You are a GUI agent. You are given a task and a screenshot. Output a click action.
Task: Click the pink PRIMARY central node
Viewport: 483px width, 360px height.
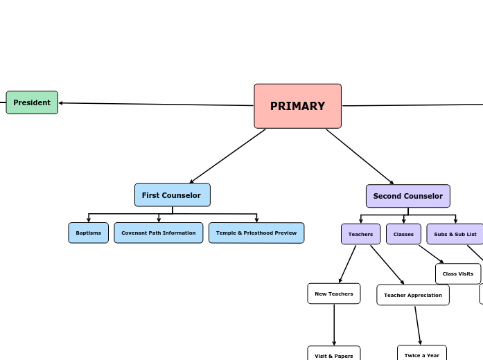(x=297, y=106)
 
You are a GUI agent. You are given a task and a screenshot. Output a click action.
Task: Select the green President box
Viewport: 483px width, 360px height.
(x=32, y=102)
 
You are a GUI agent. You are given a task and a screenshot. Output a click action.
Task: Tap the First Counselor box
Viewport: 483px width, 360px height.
(x=172, y=195)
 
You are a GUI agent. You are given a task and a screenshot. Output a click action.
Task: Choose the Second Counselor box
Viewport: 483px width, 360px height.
(x=407, y=196)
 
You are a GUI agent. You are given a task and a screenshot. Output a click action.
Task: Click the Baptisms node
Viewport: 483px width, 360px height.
(x=88, y=233)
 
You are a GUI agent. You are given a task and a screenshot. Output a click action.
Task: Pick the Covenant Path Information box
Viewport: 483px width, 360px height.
(x=158, y=233)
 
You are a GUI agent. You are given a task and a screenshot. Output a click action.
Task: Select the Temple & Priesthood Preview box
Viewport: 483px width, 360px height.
(x=256, y=233)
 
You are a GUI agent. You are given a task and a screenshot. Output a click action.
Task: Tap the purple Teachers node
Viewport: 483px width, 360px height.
(x=360, y=234)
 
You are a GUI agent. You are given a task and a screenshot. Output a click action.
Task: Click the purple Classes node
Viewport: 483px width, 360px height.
(x=403, y=234)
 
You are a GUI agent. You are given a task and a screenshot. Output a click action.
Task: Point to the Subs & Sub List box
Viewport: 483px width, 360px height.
(x=455, y=234)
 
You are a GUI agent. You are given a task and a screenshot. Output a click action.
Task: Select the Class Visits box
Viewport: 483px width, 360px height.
(x=457, y=273)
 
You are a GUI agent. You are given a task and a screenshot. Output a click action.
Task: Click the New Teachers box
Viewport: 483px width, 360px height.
(x=333, y=294)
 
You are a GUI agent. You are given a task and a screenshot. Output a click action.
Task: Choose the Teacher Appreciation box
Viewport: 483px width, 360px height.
(x=412, y=295)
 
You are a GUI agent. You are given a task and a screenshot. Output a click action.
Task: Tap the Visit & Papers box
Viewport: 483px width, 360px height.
(x=333, y=354)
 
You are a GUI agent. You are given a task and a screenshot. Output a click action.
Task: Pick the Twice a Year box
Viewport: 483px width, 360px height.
(x=421, y=354)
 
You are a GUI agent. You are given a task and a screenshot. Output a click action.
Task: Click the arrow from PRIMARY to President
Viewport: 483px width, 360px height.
(x=156, y=105)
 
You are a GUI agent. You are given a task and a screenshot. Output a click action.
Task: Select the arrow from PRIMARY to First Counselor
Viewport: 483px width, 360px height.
(x=227, y=156)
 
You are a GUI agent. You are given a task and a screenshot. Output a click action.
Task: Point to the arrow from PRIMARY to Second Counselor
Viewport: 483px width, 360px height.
(x=360, y=156)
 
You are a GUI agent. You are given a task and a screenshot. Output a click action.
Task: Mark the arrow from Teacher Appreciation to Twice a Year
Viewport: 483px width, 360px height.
(x=418, y=325)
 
